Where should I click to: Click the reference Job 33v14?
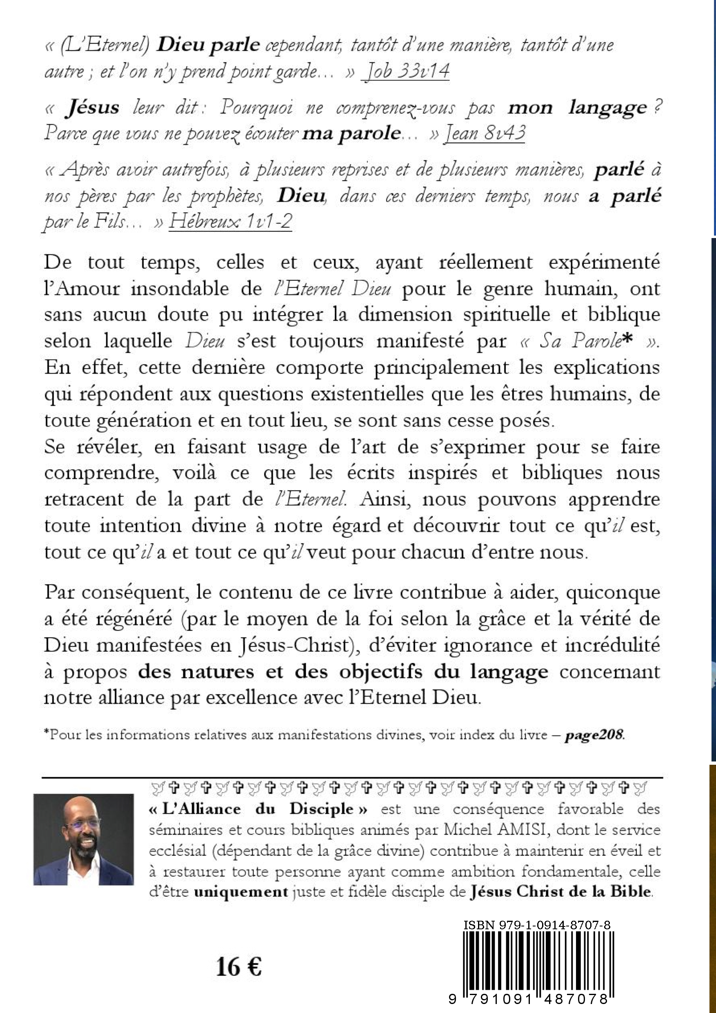pos(405,71)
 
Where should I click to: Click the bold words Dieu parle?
pos(208,45)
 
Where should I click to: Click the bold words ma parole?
pos(351,133)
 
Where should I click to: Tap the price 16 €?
pos(239,968)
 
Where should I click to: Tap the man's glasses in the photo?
pos(82,823)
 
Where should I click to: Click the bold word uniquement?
pos(241,892)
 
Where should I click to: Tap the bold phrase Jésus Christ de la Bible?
pos(560,892)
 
